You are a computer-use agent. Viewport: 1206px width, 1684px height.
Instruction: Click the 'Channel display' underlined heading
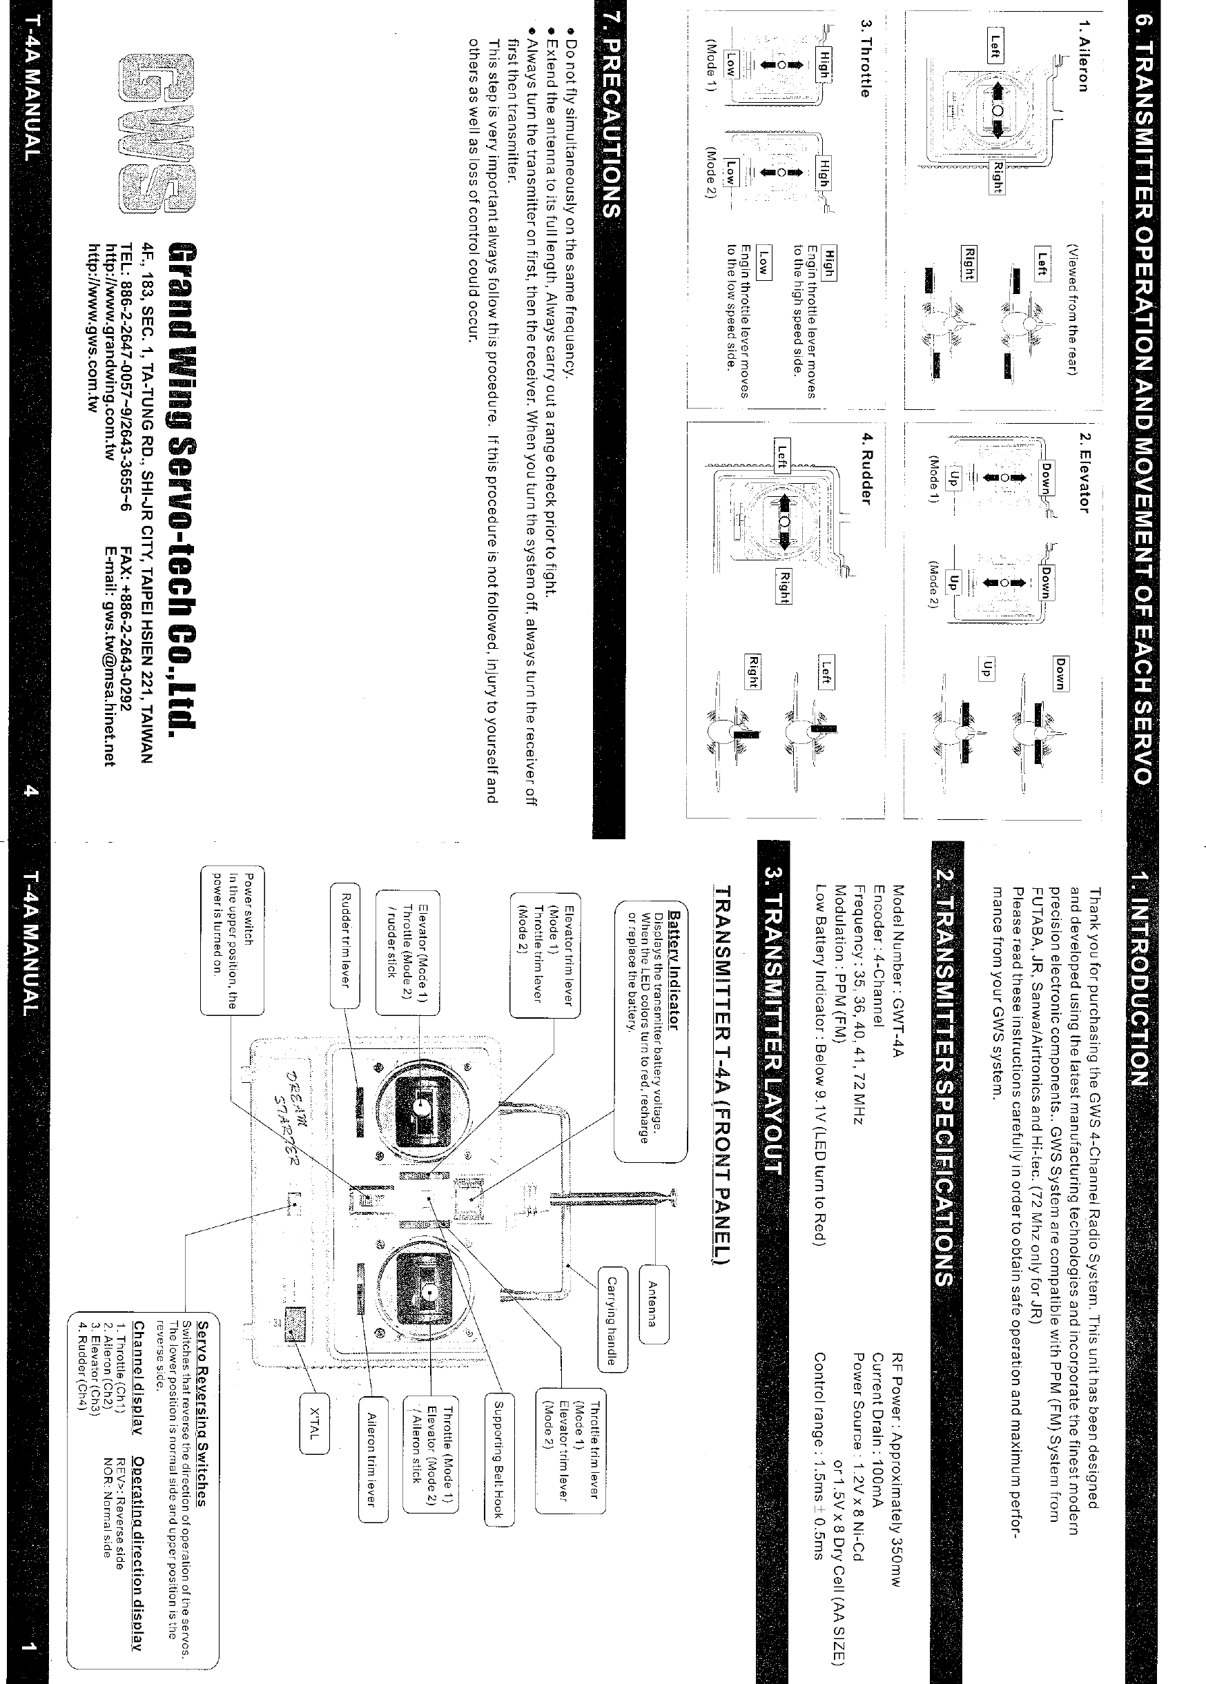click(x=139, y=1367)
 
